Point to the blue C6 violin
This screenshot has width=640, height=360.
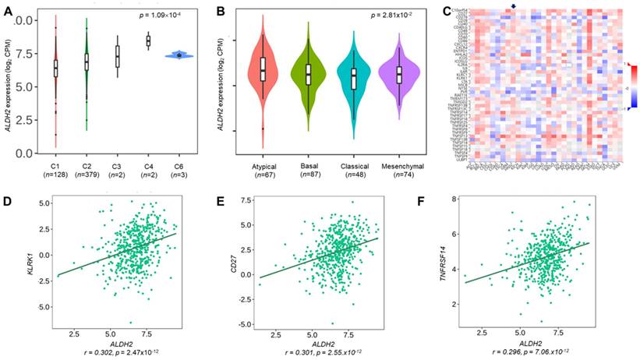179,55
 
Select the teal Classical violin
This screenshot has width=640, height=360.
354,79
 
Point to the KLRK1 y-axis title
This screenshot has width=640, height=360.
12,255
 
